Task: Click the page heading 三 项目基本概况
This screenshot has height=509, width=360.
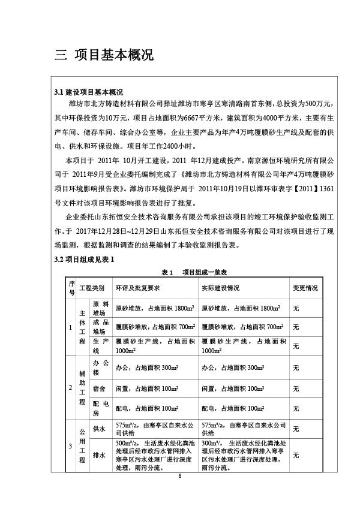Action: (x=104, y=56)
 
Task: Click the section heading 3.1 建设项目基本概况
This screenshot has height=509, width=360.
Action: (x=89, y=92)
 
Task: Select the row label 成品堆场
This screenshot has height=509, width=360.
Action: (x=100, y=327)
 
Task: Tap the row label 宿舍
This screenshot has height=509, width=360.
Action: (x=99, y=388)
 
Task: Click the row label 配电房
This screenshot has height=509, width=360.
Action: (x=100, y=408)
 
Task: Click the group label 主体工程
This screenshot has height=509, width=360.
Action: (x=83, y=327)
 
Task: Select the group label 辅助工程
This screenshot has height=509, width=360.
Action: (x=83, y=388)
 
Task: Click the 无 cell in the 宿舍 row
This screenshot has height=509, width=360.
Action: (x=296, y=388)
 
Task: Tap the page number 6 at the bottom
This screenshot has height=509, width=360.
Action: (x=179, y=475)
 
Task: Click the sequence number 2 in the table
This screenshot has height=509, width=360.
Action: (x=71, y=388)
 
